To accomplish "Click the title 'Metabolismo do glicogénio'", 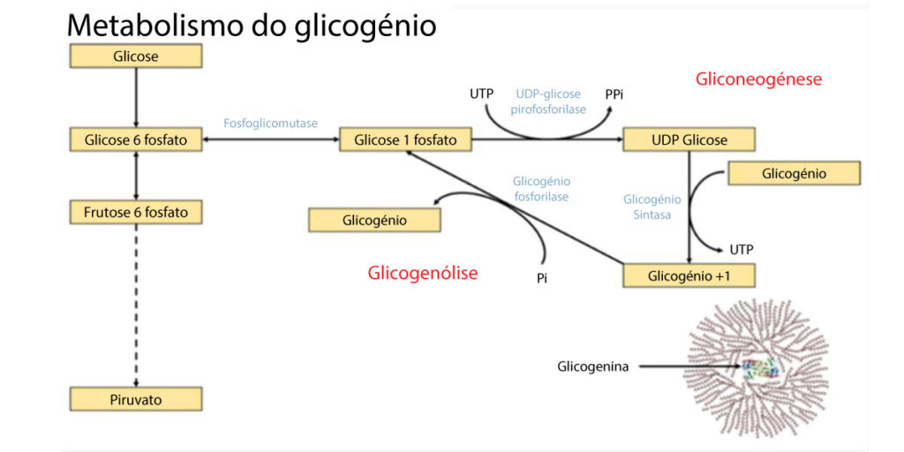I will (252, 25).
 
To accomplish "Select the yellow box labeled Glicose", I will (136, 56).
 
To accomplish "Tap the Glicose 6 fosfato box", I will (136, 139).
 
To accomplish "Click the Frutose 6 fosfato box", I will (136, 212).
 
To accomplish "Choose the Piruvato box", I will (136, 399).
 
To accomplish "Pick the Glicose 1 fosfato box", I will (405, 139).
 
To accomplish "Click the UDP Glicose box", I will (689, 139).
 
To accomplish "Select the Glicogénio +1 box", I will (689, 275).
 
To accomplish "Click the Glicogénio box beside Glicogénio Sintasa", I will (794, 173).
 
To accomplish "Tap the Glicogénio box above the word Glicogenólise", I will (374, 220).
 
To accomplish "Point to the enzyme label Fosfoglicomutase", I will (271, 124).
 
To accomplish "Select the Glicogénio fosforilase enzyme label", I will (540, 188).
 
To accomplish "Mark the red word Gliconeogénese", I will (758, 79).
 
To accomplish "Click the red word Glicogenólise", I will (422, 273).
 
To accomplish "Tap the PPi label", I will (615, 93).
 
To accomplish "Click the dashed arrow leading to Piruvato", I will (136, 300).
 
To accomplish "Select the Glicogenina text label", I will (592, 366).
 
